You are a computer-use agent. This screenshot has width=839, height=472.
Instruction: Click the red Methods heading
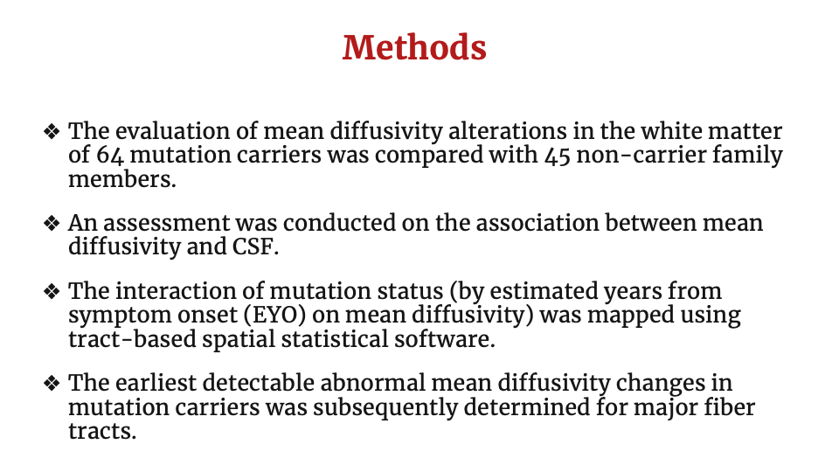(414, 47)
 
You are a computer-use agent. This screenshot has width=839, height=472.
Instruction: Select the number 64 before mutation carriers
(110, 156)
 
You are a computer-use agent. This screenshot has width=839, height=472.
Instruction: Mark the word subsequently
(385, 408)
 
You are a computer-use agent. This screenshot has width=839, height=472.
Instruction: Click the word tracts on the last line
(102, 431)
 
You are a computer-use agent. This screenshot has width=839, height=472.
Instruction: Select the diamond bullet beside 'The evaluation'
(52, 132)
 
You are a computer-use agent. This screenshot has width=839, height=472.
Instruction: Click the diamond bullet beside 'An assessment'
(52, 224)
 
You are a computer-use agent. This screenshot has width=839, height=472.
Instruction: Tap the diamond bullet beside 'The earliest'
(52, 384)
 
